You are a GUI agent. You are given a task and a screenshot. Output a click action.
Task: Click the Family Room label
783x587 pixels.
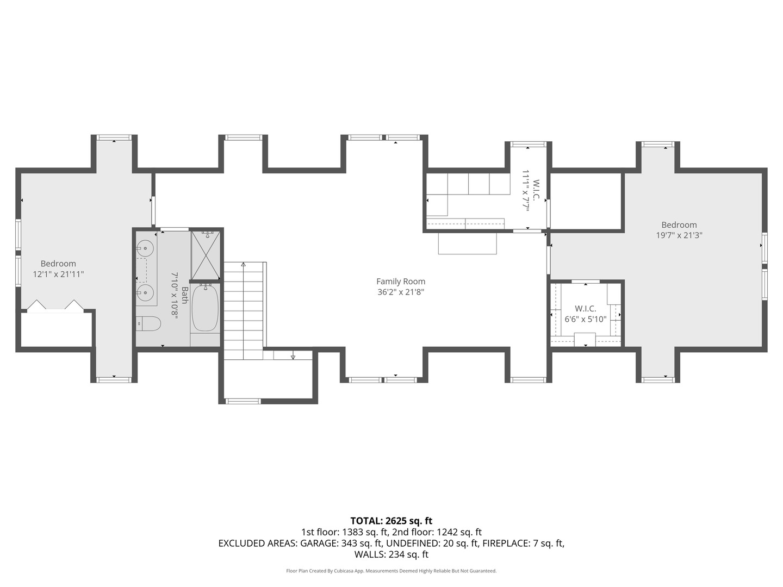click(x=401, y=282)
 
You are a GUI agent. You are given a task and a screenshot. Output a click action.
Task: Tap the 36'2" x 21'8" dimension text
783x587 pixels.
click(x=401, y=292)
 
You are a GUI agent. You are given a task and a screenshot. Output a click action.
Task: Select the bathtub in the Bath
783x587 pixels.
click(x=205, y=308)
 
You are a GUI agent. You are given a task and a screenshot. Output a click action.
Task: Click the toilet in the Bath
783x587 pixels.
click(x=148, y=324)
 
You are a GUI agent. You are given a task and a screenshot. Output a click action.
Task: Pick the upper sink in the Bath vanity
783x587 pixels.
click(x=145, y=249)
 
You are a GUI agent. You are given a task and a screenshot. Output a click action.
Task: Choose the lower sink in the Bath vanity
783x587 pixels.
click(x=145, y=293)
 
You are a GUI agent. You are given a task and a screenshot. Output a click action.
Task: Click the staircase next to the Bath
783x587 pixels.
click(x=244, y=310)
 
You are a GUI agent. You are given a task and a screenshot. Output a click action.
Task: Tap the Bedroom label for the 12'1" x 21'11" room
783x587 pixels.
click(x=58, y=264)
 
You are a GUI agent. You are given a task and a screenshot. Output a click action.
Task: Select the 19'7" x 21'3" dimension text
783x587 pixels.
click(x=679, y=235)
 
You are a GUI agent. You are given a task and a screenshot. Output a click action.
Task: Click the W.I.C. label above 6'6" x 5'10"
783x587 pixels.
click(x=586, y=309)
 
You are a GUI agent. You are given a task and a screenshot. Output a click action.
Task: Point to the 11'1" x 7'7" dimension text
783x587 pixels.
click(x=526, y=190)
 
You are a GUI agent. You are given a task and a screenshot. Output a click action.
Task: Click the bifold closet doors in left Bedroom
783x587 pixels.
click(x=55, y=305)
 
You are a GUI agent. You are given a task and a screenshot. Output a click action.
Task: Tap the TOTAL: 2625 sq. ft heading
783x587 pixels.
click(x=391, y=521)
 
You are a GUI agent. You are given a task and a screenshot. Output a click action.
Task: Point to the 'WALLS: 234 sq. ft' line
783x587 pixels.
click(x=391, y=554)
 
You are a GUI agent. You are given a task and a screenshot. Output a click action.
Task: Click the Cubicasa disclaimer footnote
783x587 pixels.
click(x=391, y=571)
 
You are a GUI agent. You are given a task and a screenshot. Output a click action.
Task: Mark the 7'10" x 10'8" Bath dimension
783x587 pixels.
click(x=175, y=295)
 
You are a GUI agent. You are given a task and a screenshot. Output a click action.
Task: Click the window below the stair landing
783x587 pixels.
click(x=243, y=401)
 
